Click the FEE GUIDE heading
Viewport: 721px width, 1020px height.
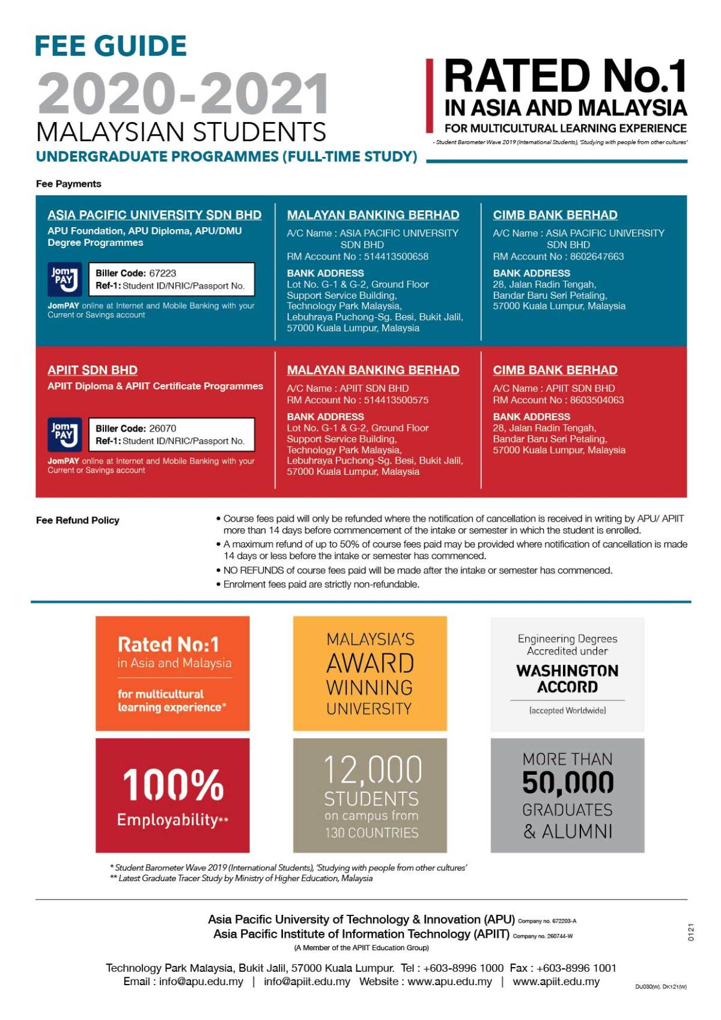coord(111,46)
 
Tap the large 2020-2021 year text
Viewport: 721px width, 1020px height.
coord(183,94)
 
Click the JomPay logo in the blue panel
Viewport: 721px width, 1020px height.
coord(65,278)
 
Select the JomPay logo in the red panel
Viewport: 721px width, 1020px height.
coord(65,434)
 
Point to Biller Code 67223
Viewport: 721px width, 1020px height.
coord(136,273)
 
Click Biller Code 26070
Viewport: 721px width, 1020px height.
coord(136,429)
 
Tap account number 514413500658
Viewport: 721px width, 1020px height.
coord(396,257)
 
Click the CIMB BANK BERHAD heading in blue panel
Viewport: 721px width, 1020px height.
coord(555,215)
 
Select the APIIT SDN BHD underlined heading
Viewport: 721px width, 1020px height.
coord(93,370)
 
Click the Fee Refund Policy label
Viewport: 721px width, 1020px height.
coord(78,521)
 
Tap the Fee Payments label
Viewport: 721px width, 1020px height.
coord(68,184)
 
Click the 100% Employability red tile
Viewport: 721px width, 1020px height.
coord(172,795)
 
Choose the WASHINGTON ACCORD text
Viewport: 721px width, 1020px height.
coord(567,679)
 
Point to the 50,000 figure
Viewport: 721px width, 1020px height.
coord(568,783)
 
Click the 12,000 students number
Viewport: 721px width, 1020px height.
coord(373,770)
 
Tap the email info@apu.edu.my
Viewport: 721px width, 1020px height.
coord(201,982)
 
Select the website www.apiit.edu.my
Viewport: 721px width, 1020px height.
coord(556,982)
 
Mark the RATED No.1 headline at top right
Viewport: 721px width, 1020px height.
coord(565,76)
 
